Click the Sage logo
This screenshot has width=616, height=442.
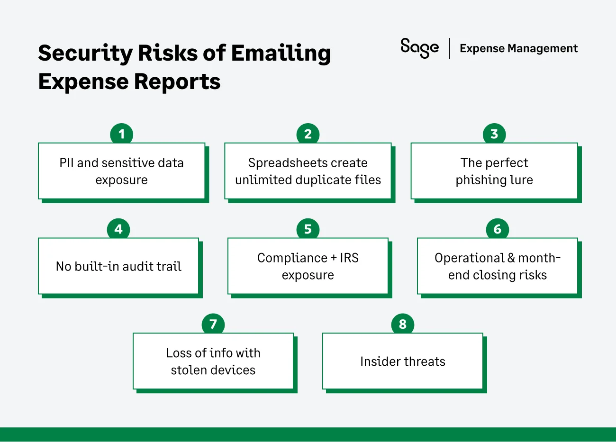click(x=419, y=48)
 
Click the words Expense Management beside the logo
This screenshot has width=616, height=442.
click(x=518, y=48)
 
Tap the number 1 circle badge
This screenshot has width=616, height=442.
click(x=121, y=135)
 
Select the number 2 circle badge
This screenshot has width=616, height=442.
click(x=308, y=135)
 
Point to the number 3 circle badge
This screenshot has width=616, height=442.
click(x=494, y=135)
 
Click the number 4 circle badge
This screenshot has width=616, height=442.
click(x=118, y=229)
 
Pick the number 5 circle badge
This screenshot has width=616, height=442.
click(x=308, y=229)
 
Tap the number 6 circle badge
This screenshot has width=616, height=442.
click(x=498, y=229)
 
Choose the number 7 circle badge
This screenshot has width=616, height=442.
click(x=213, y=325)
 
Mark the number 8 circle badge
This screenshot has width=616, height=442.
click(x=403, y=325)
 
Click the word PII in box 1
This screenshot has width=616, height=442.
click(x=66, y=163)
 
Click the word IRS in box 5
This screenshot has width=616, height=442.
click(x=349, y=258)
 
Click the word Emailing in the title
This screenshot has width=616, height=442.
click(x=281, y=53)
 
